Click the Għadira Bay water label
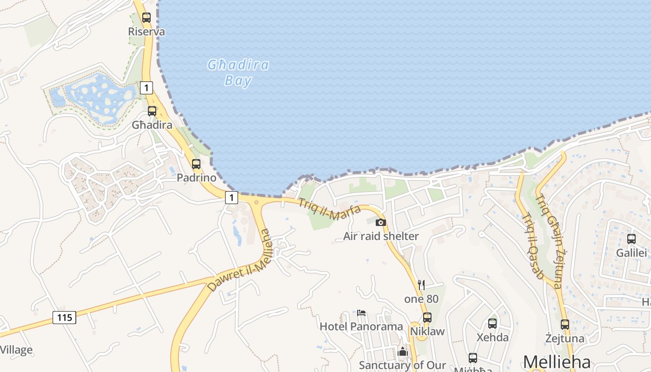tap(238, 73)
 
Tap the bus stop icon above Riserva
tap(146, 18)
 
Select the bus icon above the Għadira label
tap(152, 111)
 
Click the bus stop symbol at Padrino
tap(196, 164)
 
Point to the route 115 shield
tap(64, 318)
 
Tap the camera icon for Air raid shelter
tap(381, 222)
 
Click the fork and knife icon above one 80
tap(421, 285)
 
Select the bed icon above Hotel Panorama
tap(361, 312)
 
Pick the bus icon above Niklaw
tap(427, 318)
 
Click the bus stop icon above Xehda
tap(492, 324)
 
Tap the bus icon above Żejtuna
tap(565, 325)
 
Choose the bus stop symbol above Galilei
tap(631, 239)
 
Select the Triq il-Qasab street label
tap(533, 246)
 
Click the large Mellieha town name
tap(557, 362)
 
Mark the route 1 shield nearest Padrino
tap(232, 198)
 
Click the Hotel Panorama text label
tap(361, 326)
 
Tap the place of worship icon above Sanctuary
tap(403, 352)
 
